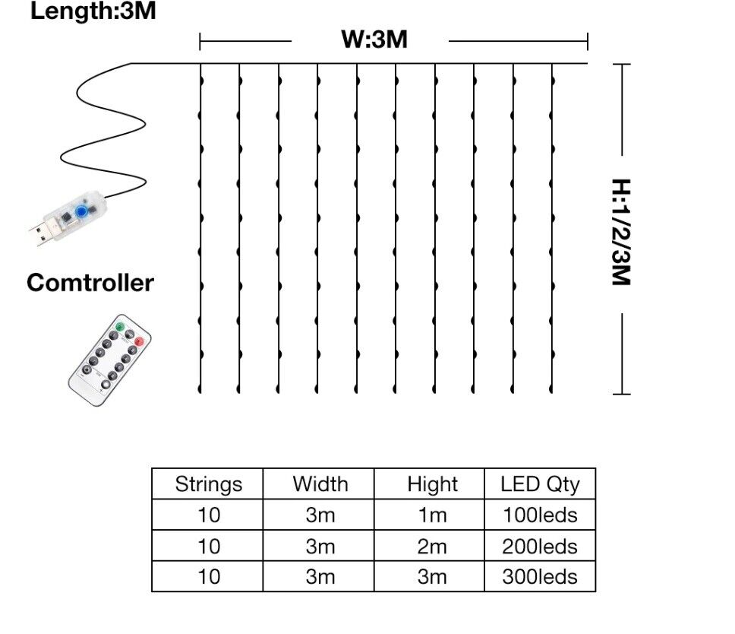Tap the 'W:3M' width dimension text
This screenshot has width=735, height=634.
click(374, 40)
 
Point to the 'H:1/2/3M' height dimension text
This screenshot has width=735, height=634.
click(621, 232)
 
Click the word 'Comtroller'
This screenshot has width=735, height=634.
click(90, 283)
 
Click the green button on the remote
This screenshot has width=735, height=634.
click(119, 328)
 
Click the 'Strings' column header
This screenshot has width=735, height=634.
click(208, 484)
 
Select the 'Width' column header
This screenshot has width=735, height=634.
click(320, 484)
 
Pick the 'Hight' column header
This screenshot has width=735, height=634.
click(431, 484)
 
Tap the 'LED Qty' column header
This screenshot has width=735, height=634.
click(540, 484)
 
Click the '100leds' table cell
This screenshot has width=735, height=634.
click(540, 515)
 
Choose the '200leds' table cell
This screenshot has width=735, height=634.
click(540, 546)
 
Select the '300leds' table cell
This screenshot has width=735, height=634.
click(540, 576)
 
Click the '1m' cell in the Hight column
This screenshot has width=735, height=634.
click(431, 515)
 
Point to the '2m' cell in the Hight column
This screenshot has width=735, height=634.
click(431, 546)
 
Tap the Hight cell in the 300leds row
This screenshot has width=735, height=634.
click(431, 576)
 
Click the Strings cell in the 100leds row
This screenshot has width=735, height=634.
click(208, 515)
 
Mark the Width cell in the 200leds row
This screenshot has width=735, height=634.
click(320, 546)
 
